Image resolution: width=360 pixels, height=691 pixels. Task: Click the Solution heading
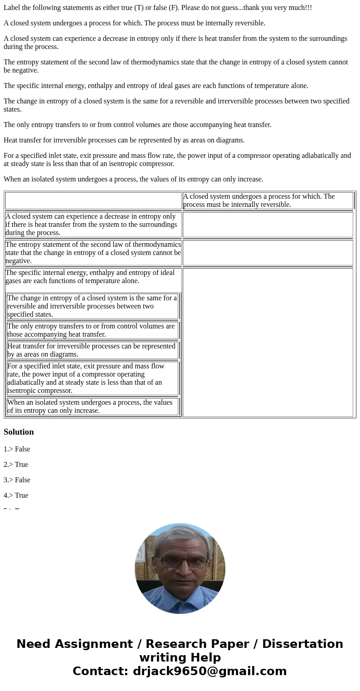click(19, 432)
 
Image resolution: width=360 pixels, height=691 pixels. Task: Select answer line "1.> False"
click(17, 449)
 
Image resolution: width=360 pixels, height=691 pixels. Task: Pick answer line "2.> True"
click(16, 465)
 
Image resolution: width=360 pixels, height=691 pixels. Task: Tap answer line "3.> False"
click(17, 480)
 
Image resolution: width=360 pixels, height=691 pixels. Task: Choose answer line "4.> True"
click(16, 495)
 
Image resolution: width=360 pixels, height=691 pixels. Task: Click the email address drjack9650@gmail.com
click(209, 671)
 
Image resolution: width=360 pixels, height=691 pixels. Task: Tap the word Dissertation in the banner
click(302, 644)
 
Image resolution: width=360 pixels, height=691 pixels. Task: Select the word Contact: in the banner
click(100, 671)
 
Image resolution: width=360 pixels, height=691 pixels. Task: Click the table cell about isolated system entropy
click(92, 407)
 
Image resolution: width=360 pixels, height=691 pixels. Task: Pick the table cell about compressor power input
click(92, 378)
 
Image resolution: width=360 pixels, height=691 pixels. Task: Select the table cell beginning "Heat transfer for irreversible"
click(92, 350)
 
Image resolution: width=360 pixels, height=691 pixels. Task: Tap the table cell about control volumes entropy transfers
click(92, 330)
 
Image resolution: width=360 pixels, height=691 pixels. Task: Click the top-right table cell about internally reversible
click(268, 201)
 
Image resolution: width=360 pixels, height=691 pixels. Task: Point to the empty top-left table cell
click(93, 201)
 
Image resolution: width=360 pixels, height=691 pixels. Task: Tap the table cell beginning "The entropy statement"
click(93, 253)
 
